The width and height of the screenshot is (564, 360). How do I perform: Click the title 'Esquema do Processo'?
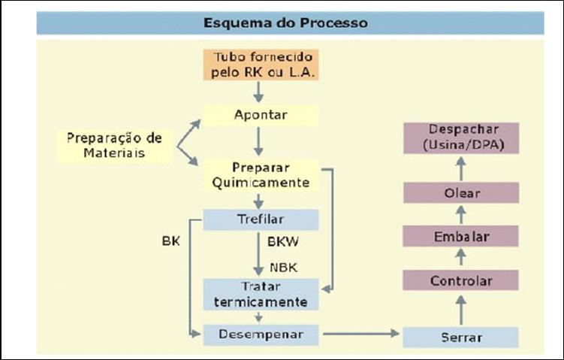(285, 23)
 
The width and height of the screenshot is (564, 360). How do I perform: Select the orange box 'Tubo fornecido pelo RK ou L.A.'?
(261, 65)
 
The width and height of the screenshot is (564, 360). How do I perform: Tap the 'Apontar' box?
(261, 115)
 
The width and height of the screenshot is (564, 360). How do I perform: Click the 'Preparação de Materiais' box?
(113, 146)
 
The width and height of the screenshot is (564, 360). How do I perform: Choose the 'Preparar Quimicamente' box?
(261, 174)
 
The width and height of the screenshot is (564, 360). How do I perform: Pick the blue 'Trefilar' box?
(261, 219)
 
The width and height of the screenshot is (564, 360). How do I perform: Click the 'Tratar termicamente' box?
(261, 295)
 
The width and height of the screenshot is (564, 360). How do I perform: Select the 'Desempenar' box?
(261, 334)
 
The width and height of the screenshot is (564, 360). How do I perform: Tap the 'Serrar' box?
(461, 337)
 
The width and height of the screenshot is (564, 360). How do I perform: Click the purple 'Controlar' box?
(461, 281)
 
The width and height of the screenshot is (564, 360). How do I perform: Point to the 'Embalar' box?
(461, 237)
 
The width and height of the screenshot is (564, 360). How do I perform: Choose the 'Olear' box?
(461, 193)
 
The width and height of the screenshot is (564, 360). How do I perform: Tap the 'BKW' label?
(282, 242)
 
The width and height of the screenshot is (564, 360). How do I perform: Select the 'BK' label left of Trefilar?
(170, 242)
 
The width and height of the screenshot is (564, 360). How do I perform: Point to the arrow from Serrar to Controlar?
(461, 309)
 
